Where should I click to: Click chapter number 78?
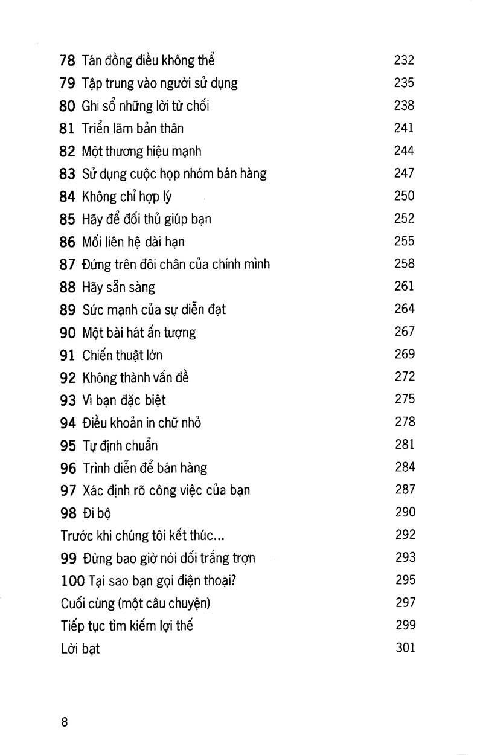click(x=68, y=60)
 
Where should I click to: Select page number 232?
click(x=405, y=60)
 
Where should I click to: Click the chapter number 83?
click(x=68, y=174)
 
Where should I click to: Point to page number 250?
click(x=405, y=196)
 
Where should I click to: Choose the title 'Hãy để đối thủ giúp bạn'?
click(x=146, y=219)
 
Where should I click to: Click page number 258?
click(x=405, y=263)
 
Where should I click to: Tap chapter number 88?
click(x=68, y=287)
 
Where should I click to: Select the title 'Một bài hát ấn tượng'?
click(x=139, y=332)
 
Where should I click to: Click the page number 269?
click(x=405, y=354)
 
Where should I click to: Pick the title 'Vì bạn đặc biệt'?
click(x=123, y=400)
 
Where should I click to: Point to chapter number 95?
click(x=68, y=445)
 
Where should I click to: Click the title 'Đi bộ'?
click(x=97, y=513)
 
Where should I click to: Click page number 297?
click(x=405, y=603)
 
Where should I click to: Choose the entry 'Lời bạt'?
click(x=80, y=649)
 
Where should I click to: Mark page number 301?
click(x=405, y=648)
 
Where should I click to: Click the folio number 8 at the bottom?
click(x=65, y=723)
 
